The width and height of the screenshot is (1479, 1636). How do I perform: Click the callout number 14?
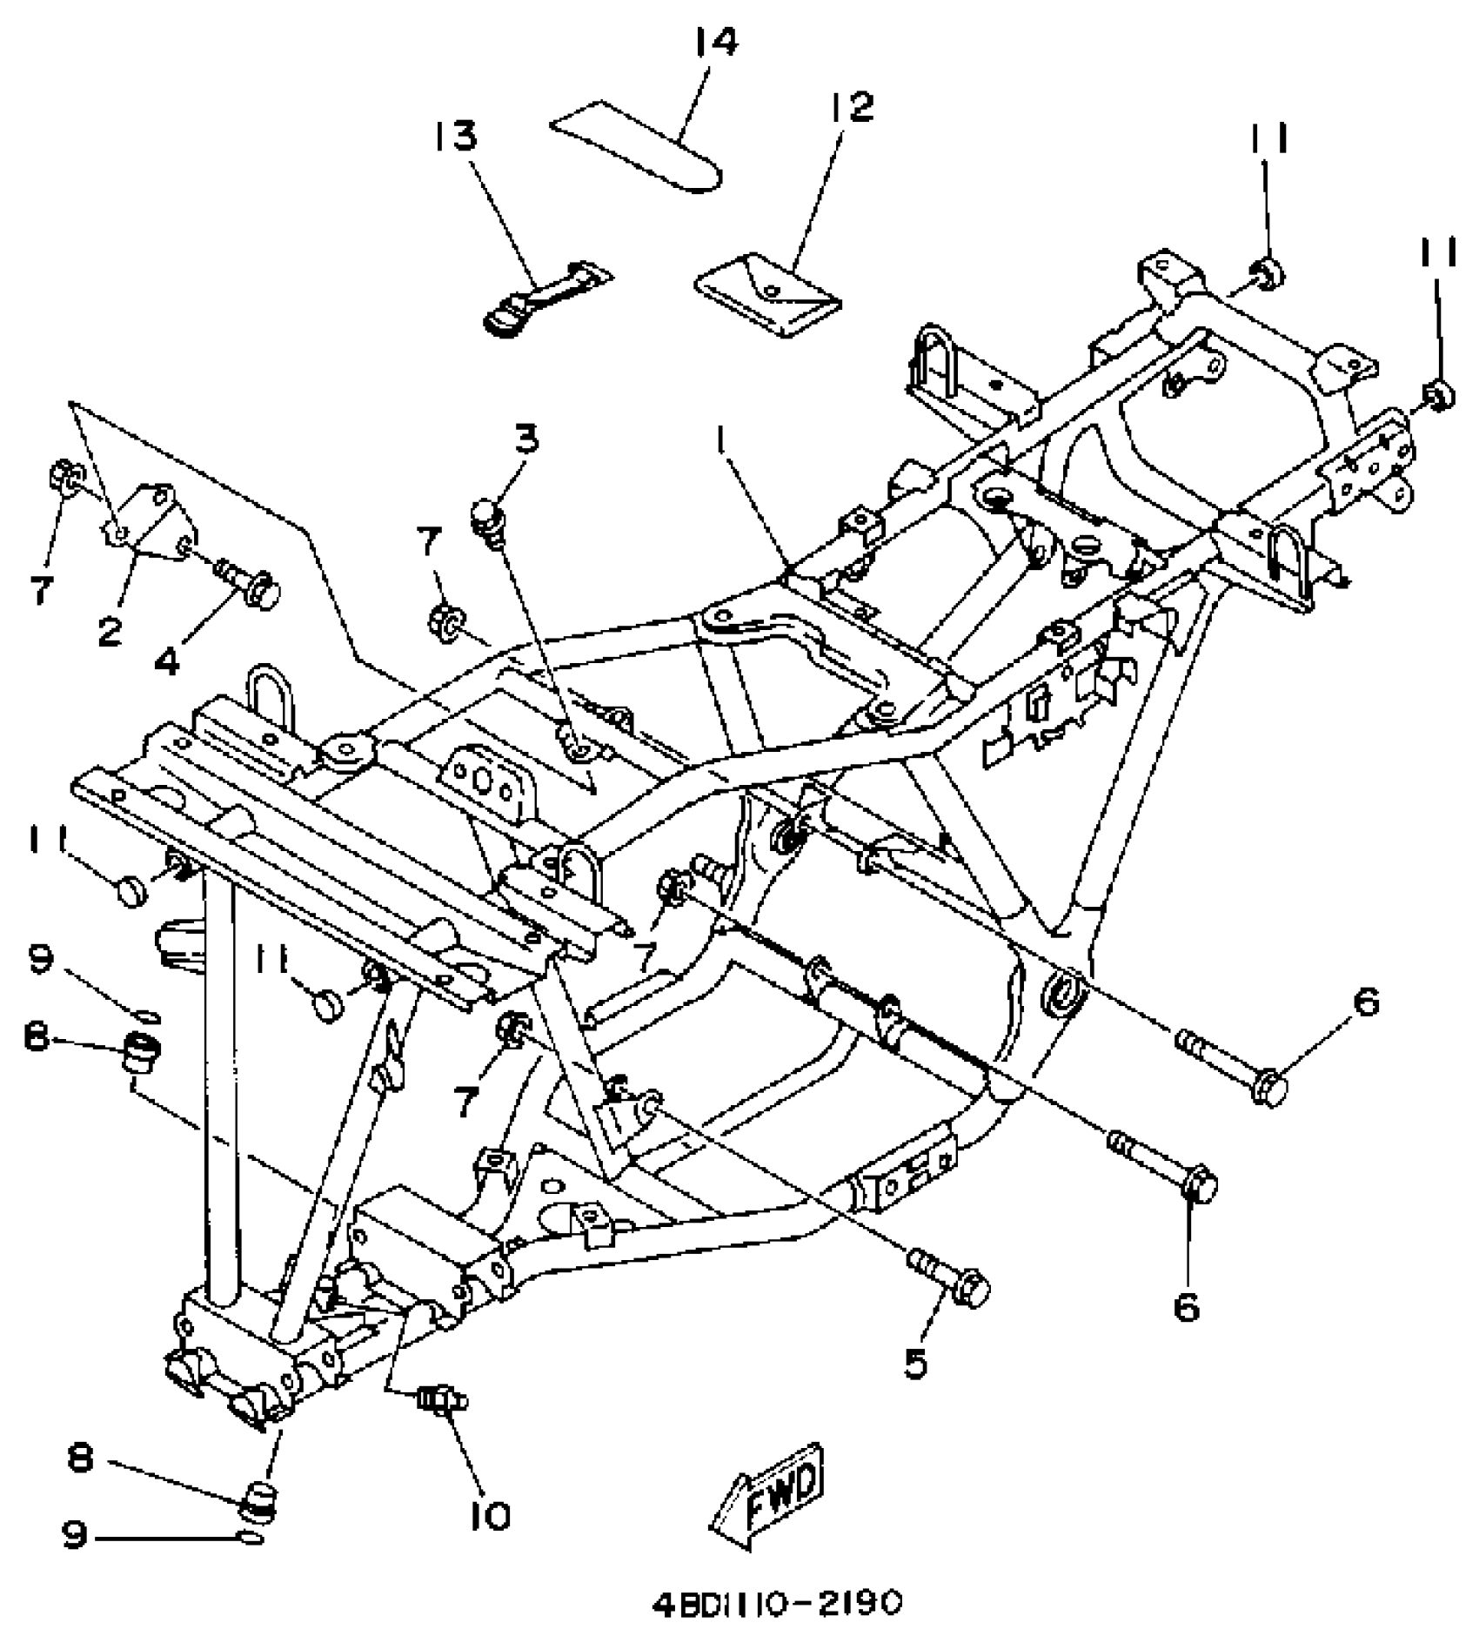tap(716, 42)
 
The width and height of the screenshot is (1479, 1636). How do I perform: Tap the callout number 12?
tap(850, 108)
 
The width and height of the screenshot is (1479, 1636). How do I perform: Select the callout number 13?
tap(457, 137)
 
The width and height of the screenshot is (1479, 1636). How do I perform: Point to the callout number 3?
tap(525, 439)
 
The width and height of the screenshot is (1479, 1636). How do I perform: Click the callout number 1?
tap(721, 444)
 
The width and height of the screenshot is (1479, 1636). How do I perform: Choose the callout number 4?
tap(166, 661)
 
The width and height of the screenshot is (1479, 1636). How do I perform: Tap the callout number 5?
tap(915, 1364)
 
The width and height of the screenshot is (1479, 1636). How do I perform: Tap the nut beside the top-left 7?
tap(63, 478)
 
